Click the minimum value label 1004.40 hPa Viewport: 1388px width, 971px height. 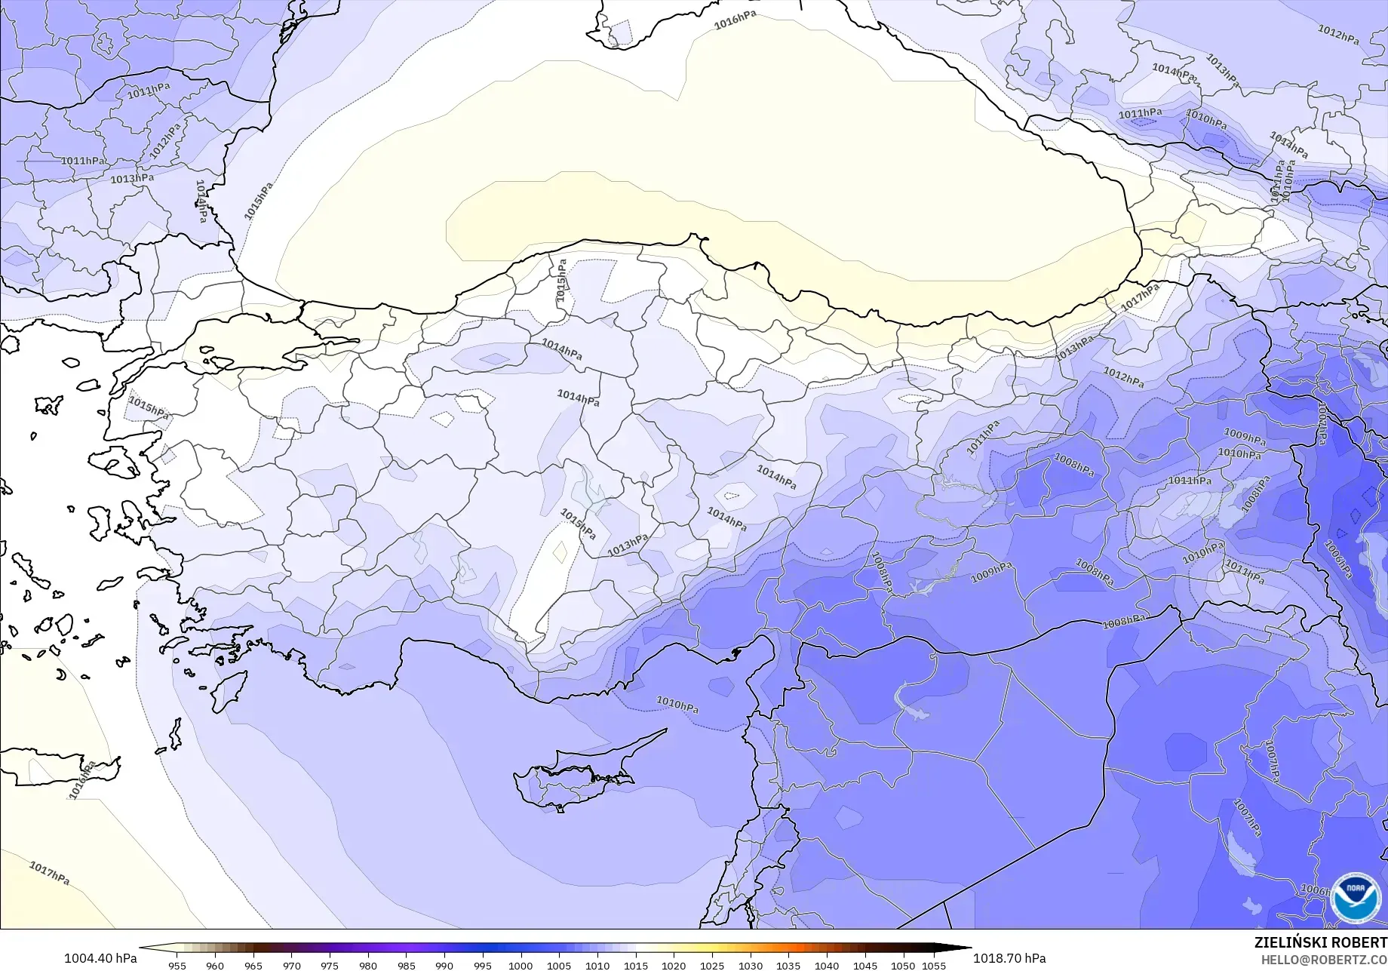point(100,958)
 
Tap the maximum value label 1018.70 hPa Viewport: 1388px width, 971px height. point(1009,958)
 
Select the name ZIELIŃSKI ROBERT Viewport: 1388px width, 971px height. point(1320,943)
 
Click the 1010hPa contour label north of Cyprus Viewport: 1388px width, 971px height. point(677,705)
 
